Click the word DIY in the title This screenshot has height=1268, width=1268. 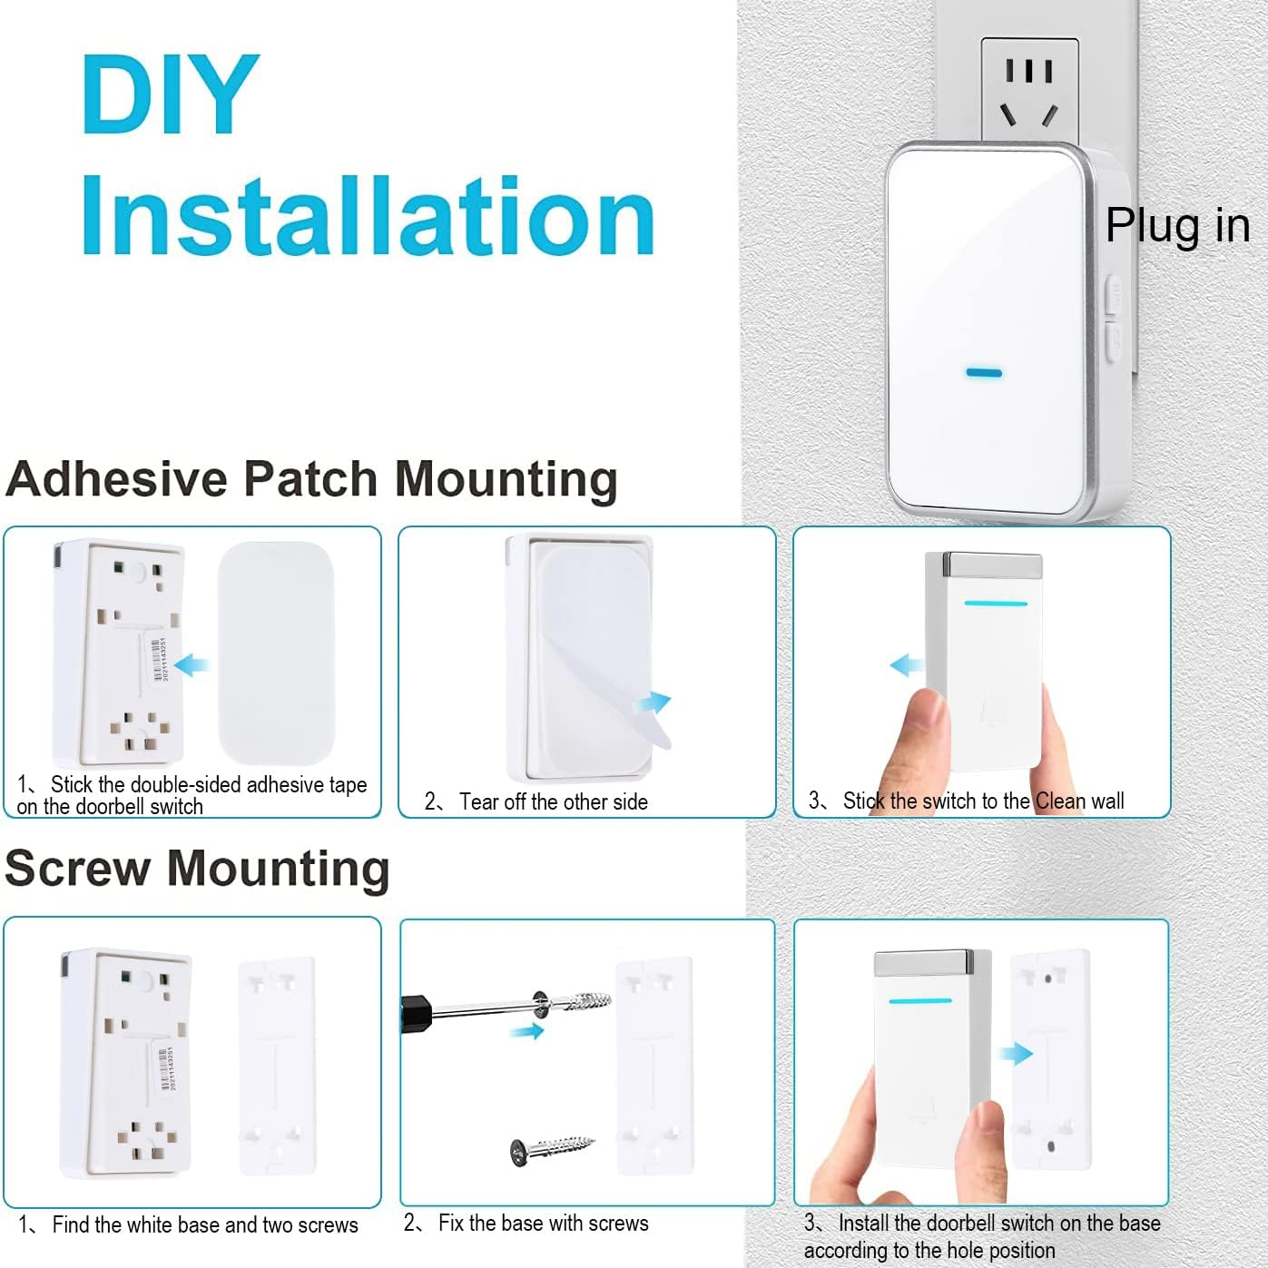170,94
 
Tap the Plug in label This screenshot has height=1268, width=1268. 1177,225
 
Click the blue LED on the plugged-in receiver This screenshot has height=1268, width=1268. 983,372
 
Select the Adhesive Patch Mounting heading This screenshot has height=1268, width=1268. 311,478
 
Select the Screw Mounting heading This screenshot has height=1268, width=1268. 197,868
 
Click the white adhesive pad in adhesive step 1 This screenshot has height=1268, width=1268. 276,652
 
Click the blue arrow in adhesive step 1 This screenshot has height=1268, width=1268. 192,665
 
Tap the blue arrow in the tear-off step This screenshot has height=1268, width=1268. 652,703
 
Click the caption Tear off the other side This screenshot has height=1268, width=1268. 553,801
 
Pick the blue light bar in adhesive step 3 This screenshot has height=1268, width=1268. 995,603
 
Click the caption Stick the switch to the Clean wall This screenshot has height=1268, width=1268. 983,801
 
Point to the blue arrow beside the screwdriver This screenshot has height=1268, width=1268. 526,1031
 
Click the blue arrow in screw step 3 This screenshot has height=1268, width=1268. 1016,1053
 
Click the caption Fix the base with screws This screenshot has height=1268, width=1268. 543,1223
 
